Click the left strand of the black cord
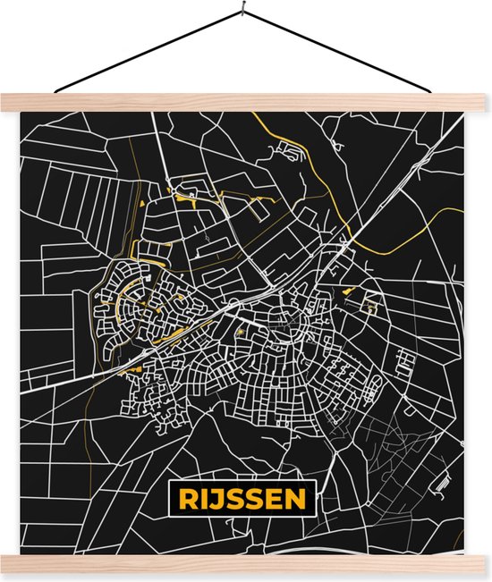tap(148, 55)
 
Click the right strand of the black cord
tap(344, 55)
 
